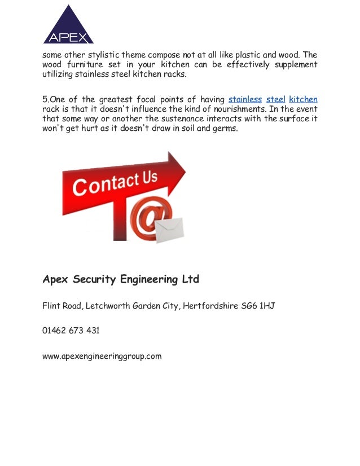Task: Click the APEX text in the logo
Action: [68, 38]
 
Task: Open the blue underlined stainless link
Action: [245, 99]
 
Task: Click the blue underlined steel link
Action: [275, 99]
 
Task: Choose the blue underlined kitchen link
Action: [303, 99]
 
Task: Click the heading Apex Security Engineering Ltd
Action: [121, 279]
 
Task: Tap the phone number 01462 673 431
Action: [71, 331]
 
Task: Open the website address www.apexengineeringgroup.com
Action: [102, 356]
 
